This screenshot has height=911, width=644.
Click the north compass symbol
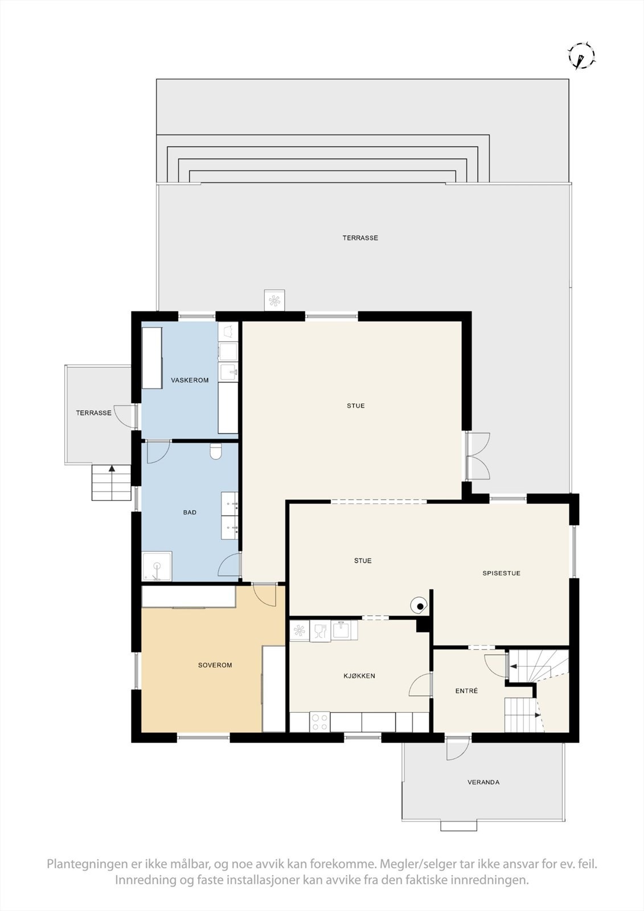581,56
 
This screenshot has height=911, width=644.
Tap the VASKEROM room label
190,380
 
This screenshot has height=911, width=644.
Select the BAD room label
190,512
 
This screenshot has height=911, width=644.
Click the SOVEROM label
215,665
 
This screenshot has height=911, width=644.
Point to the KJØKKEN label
359,676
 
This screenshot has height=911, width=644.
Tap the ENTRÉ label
466,691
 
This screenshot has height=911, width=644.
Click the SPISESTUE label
501,573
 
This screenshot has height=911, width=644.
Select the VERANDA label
483,782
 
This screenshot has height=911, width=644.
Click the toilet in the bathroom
216,452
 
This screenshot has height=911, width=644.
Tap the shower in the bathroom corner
157,567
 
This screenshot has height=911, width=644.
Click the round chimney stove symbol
420,606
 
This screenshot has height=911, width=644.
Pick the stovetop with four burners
319,722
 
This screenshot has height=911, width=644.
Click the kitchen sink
342,630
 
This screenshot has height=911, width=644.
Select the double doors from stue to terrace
477,455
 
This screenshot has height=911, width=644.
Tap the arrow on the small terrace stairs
112,469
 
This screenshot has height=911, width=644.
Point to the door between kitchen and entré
422,684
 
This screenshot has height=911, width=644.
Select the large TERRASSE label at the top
360,238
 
